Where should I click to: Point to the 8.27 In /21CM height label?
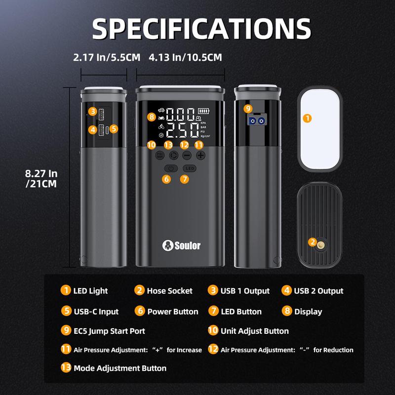click(42, 178)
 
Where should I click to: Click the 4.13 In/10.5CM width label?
click(185, 58)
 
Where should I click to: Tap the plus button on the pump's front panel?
click(200, 155)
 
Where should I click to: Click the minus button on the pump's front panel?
click(187, 155)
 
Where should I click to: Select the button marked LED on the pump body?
click(189, 168)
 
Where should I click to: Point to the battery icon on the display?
click(203, 111)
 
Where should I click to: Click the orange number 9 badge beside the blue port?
click(248, 109)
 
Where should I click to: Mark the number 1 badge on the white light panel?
click(308, 118)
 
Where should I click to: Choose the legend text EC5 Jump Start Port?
click(110, 331)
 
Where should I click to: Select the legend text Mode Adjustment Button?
click(120, 368)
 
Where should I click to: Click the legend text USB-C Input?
click(96, 312)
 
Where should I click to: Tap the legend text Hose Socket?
click(169, 291)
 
